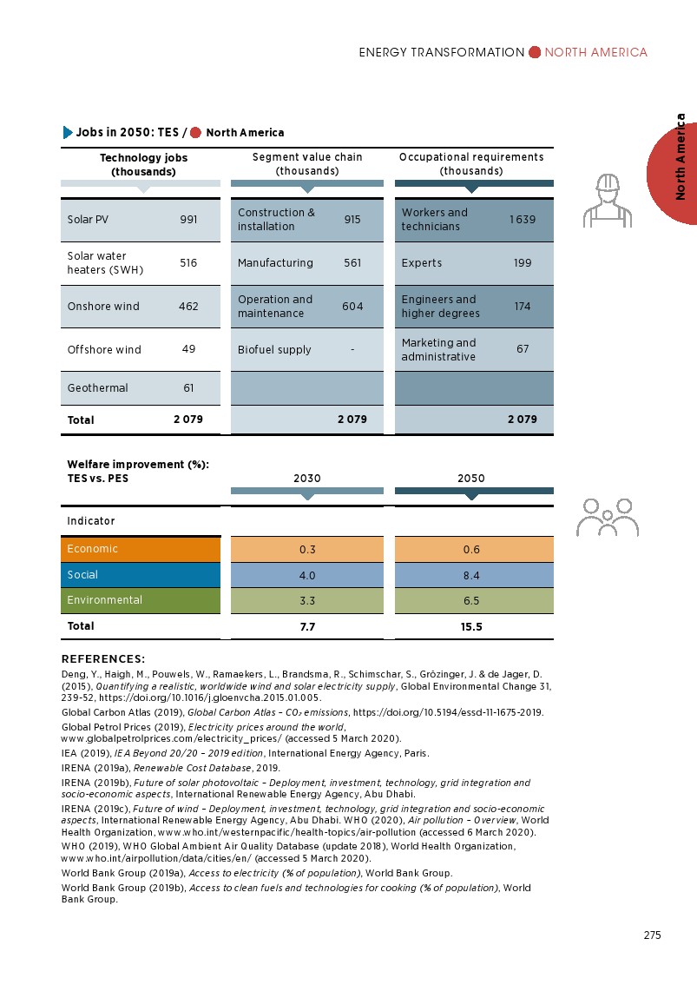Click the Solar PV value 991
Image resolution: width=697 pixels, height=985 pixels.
[188, 220]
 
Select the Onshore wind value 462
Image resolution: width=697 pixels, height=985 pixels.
[188, 307]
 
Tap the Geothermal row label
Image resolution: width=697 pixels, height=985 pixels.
[97, 388]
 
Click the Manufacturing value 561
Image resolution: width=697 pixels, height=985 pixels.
[352, 263]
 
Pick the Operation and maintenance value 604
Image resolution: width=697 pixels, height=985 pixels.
[352, 307]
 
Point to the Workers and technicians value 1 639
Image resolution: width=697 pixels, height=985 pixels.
[522, 220]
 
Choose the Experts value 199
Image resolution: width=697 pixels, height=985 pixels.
[522, 263]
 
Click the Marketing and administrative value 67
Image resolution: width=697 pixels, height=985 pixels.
[522, 349]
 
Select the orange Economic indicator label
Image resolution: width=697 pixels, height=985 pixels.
[93, 549]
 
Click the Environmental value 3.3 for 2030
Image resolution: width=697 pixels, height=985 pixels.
[306, 600]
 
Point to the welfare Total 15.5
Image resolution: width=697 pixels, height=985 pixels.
[471, 626]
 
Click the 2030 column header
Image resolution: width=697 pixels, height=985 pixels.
[306, 479]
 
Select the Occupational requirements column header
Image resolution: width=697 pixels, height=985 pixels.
[471, 163]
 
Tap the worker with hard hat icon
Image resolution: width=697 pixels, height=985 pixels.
[608, 199]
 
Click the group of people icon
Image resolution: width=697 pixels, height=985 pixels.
[608, 517]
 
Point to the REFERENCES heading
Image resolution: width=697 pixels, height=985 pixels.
[103, 659]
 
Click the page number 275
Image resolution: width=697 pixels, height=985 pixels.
[652, 935]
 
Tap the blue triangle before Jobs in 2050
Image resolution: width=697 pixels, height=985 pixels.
[68, 133]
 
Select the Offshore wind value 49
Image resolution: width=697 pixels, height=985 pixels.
[188, 349]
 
